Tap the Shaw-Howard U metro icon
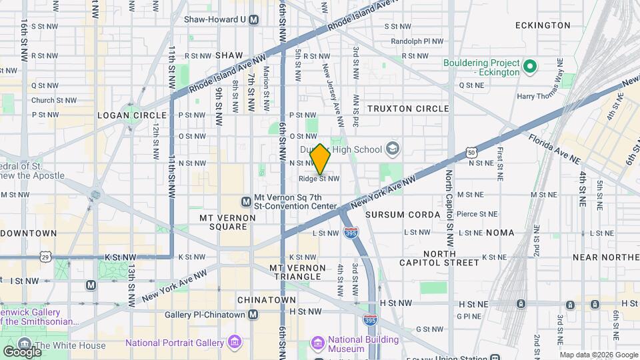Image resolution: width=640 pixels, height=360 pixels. tap(253, 20)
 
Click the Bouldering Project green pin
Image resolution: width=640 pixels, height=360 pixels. tap(530, 67)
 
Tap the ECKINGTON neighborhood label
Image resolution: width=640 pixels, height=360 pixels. tap(543, 25)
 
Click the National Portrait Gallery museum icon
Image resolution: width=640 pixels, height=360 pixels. tap(234, 343)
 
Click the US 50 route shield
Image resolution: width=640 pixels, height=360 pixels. tap(471, 153)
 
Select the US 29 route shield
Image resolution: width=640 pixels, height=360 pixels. tap(45, 256)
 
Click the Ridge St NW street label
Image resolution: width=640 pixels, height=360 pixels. tap(319, 179)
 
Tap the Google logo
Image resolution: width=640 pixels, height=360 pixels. tap(21, 351)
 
